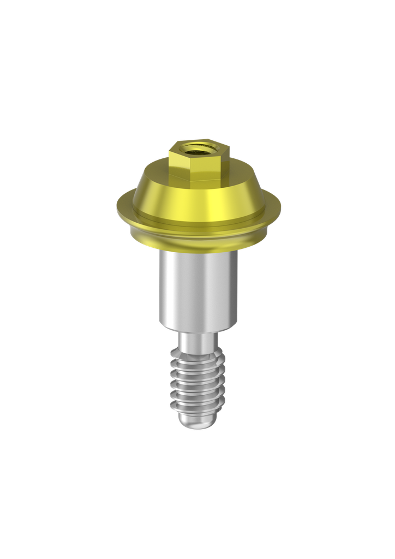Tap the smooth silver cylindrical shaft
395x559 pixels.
[x=197, y=289]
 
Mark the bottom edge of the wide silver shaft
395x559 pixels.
[x=197, y=329]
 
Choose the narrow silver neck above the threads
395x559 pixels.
[x=197, y=341]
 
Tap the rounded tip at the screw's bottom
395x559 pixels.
[x=197, y=423]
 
